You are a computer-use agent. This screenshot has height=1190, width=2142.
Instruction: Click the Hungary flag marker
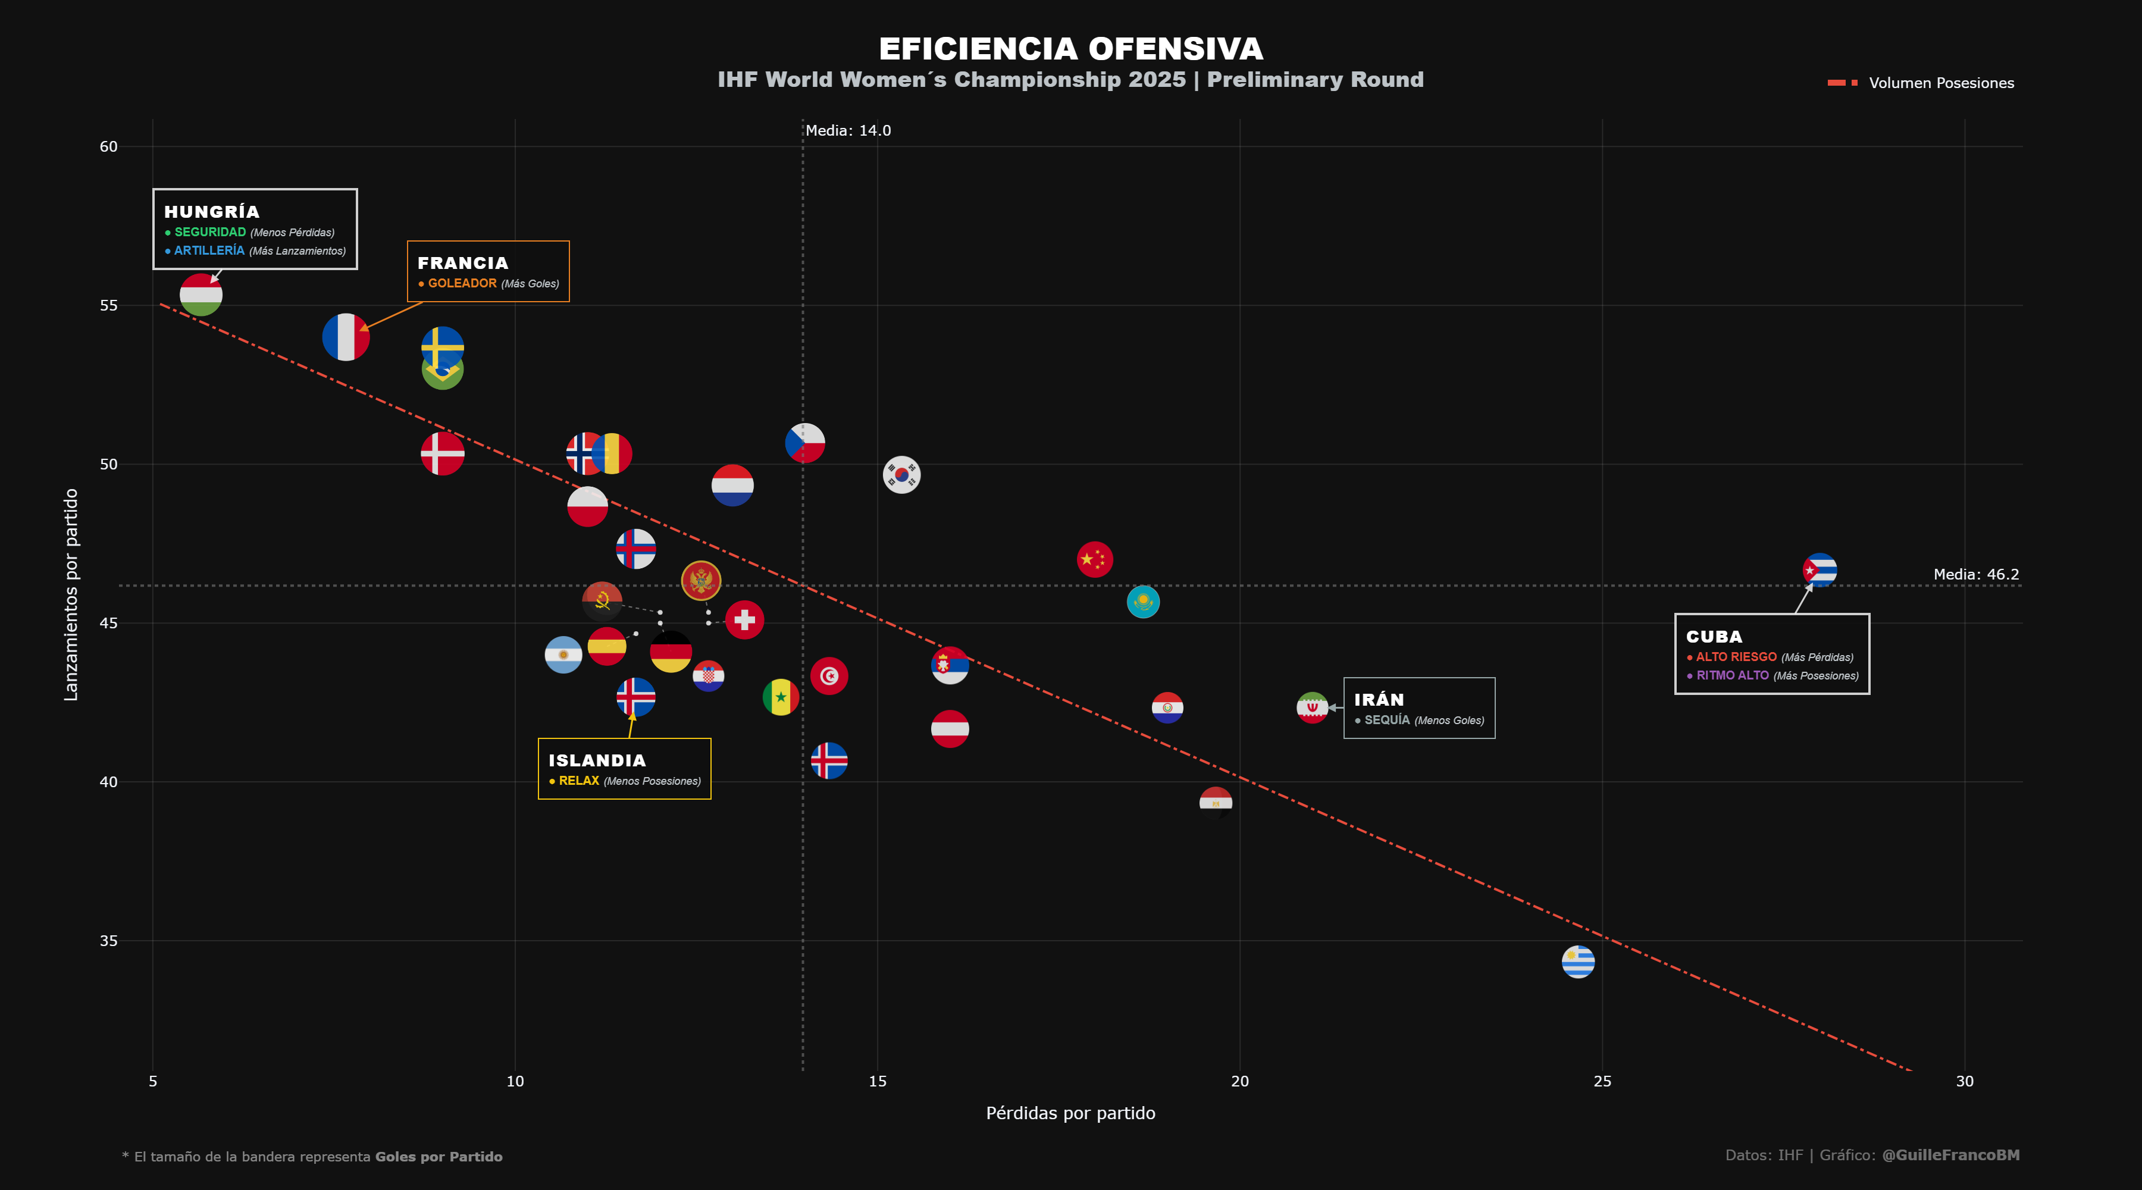click(201, 295)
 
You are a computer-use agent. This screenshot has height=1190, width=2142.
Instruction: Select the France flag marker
click(346, 337)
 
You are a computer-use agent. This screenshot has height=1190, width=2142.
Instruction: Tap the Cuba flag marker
click(1820, 571)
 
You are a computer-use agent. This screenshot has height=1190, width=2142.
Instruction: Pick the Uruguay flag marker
click(1577, 962)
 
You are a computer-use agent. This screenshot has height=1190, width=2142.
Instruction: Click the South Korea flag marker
click(901, 475)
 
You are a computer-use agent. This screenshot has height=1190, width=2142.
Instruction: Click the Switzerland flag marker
click(744, 619)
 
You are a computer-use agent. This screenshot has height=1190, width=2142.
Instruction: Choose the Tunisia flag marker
click(829, 676)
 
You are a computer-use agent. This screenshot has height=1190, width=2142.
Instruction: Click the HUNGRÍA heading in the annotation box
click(212, 212)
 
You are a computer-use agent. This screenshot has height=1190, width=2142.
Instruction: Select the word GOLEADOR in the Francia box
click(462, 284)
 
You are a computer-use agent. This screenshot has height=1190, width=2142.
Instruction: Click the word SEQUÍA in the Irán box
click(1387, 720)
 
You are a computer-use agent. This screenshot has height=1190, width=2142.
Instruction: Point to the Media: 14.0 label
click(848, 130)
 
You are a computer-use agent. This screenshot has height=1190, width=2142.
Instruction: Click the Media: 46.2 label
click(1975, 575)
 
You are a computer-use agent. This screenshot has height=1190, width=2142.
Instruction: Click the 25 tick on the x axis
click(1602, 1081)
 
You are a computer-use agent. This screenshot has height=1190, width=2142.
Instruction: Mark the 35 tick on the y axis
click(109, 941)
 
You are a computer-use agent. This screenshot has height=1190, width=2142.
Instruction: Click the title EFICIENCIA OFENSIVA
click(1071, 49)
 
